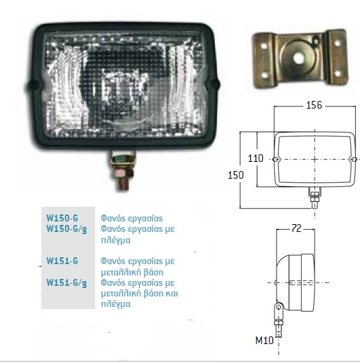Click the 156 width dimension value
(314, 105)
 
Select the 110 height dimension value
(256, 158)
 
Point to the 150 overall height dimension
(235, 175)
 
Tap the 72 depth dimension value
(296, 228)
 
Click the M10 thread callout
(265, 341)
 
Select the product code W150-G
(62, 218)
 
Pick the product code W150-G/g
(67, 229)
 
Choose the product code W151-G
(62, 261)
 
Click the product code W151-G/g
(67, 283)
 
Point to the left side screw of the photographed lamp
(33, 85)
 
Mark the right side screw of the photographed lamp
(214, 84)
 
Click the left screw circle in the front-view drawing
(276, 159)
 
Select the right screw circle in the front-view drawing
(354, 159)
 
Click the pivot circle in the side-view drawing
(279, 306)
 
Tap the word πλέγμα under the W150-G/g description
(116, 240)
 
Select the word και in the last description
(172, 293)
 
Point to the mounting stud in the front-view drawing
(314, 198)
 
